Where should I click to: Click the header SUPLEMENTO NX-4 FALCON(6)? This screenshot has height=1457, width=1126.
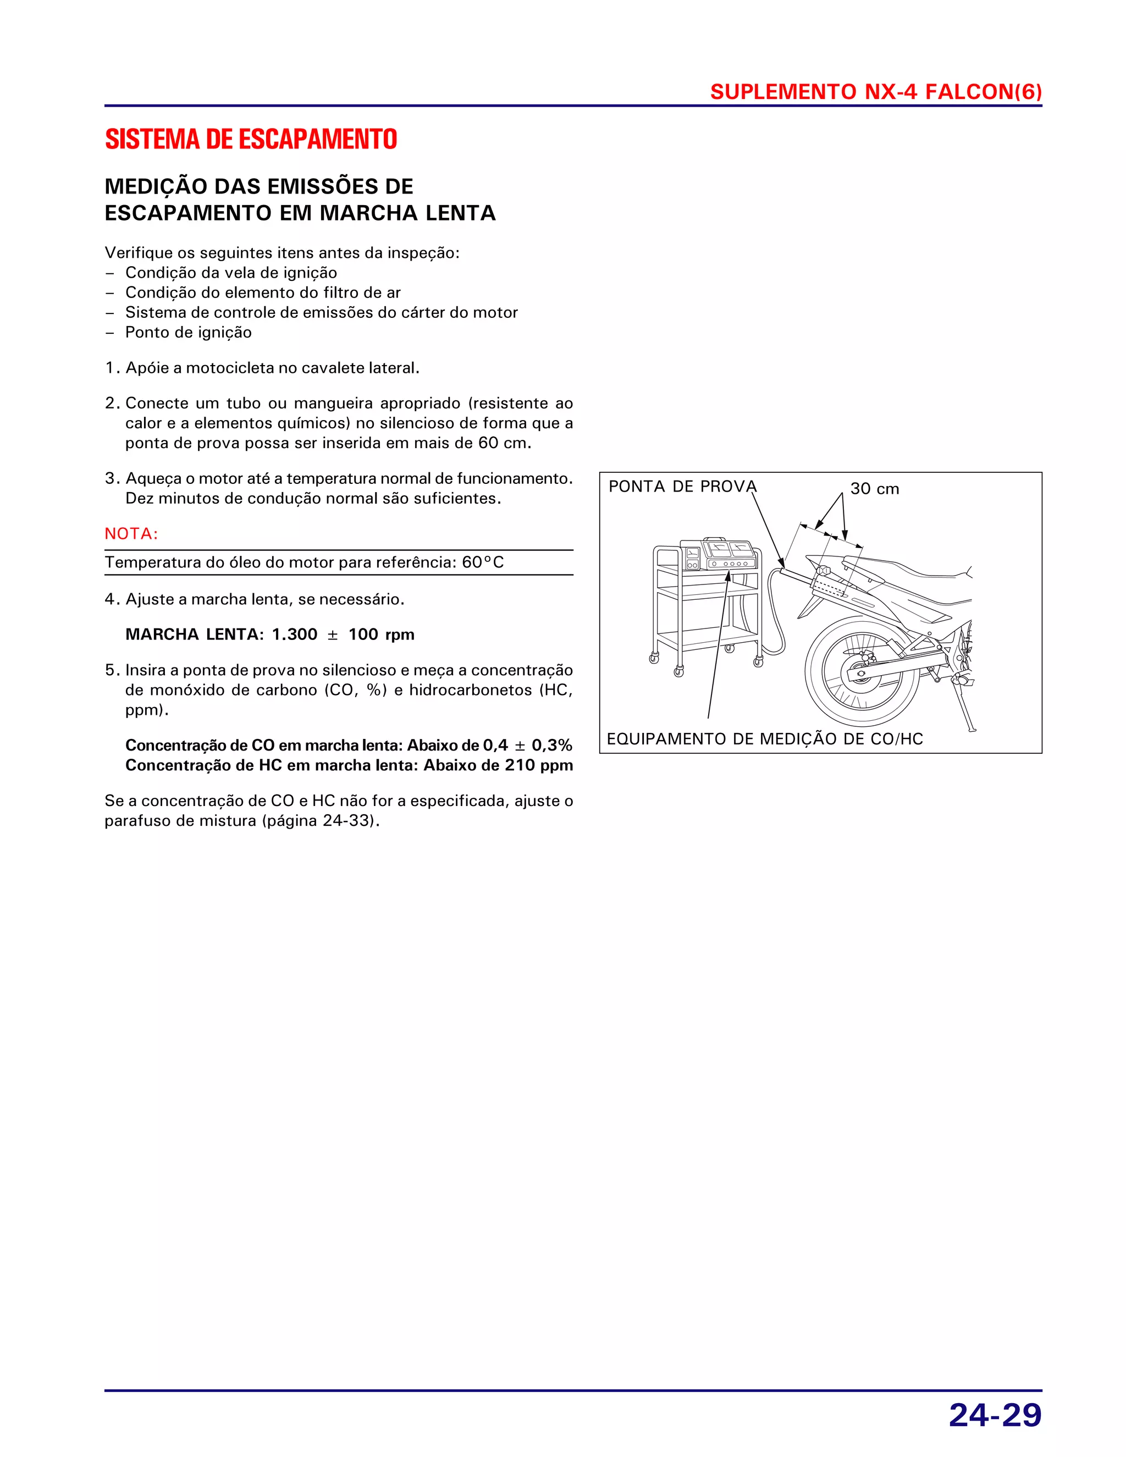875,91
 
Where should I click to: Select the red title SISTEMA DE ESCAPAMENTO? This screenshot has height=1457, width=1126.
251,140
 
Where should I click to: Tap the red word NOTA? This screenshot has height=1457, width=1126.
131,534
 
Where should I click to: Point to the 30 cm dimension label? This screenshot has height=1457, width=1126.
875,489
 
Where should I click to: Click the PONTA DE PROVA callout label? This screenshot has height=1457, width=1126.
682,487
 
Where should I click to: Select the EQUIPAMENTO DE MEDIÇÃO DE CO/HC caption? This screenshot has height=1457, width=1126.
764,738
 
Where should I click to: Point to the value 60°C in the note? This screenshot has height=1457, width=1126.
483,562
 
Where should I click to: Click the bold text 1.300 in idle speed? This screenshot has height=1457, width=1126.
294,634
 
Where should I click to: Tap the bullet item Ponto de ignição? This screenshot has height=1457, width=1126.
188,332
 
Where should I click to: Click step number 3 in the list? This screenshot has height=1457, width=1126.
112,478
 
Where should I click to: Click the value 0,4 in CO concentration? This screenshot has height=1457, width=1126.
495,745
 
